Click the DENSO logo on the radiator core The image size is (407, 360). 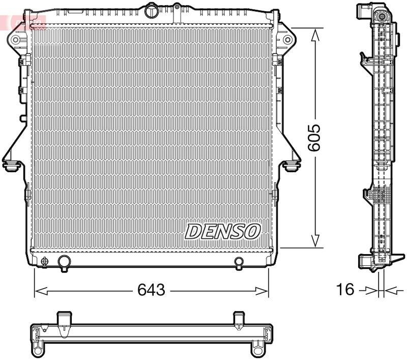(x=223, y=231)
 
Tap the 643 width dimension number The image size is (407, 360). (x=152, y=290)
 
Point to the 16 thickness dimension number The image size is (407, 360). (x=345, y=290)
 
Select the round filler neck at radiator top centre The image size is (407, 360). (x=152, y=10)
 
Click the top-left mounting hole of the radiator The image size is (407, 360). (x=16, y=39)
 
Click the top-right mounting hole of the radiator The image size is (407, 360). (x=287, y=39)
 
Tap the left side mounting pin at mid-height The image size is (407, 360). (x=11, y=166)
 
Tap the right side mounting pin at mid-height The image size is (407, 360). (x=292, y=166)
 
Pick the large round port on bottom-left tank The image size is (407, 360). (x=64, y=262)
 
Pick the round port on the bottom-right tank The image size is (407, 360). (x=239, y=262)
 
